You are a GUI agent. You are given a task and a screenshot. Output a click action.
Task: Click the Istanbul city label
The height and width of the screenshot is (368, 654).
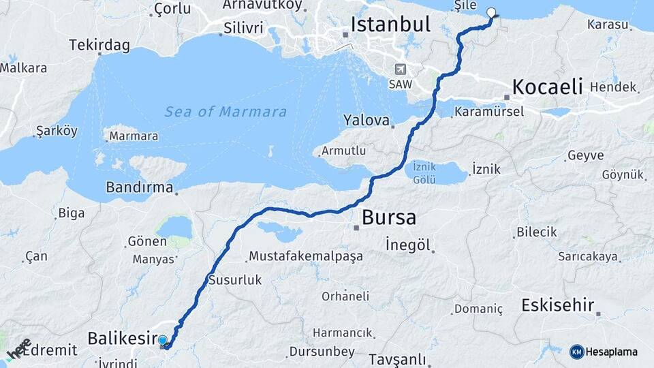pyautogui.click(x=390, y=25)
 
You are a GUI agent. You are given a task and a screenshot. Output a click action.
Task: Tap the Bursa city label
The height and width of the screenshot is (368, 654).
pyautogui.click(x=388, y=217)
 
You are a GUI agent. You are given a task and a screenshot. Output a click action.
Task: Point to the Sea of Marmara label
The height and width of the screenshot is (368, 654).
pyautogui.click(x=225, y=112)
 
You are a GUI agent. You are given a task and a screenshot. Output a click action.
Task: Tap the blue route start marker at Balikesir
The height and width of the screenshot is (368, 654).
pyautogui.click(x=163, y=339)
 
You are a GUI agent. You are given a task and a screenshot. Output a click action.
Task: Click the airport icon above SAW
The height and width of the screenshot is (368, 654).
pyautogui.click(x=399, y=69)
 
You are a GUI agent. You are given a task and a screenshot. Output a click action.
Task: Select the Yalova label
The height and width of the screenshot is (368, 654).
pyautogui.click(x=366, y=121)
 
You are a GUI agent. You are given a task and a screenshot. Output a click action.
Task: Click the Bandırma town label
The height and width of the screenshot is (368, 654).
pyautogui.click(x=139, y=186)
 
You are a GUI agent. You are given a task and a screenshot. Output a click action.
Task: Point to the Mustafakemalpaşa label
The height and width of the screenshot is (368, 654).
pyautogui.click(x=306, y=256)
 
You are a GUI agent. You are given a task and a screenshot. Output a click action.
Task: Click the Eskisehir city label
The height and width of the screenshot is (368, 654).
pyautogui.click(x=557, y=305)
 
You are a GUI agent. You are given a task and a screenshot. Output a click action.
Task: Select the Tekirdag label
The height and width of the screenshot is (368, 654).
pyautogui.click(x=99, y=46)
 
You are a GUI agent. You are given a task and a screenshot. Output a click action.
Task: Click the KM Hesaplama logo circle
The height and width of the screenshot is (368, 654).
pyautogui.click(x=576, y=352)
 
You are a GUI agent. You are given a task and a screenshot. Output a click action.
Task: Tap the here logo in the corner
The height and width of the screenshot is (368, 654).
pyautogui.click(x=18, y=348)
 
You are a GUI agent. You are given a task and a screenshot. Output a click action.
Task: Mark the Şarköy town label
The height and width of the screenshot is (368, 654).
pyautogui.click(x=57, y=132)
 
